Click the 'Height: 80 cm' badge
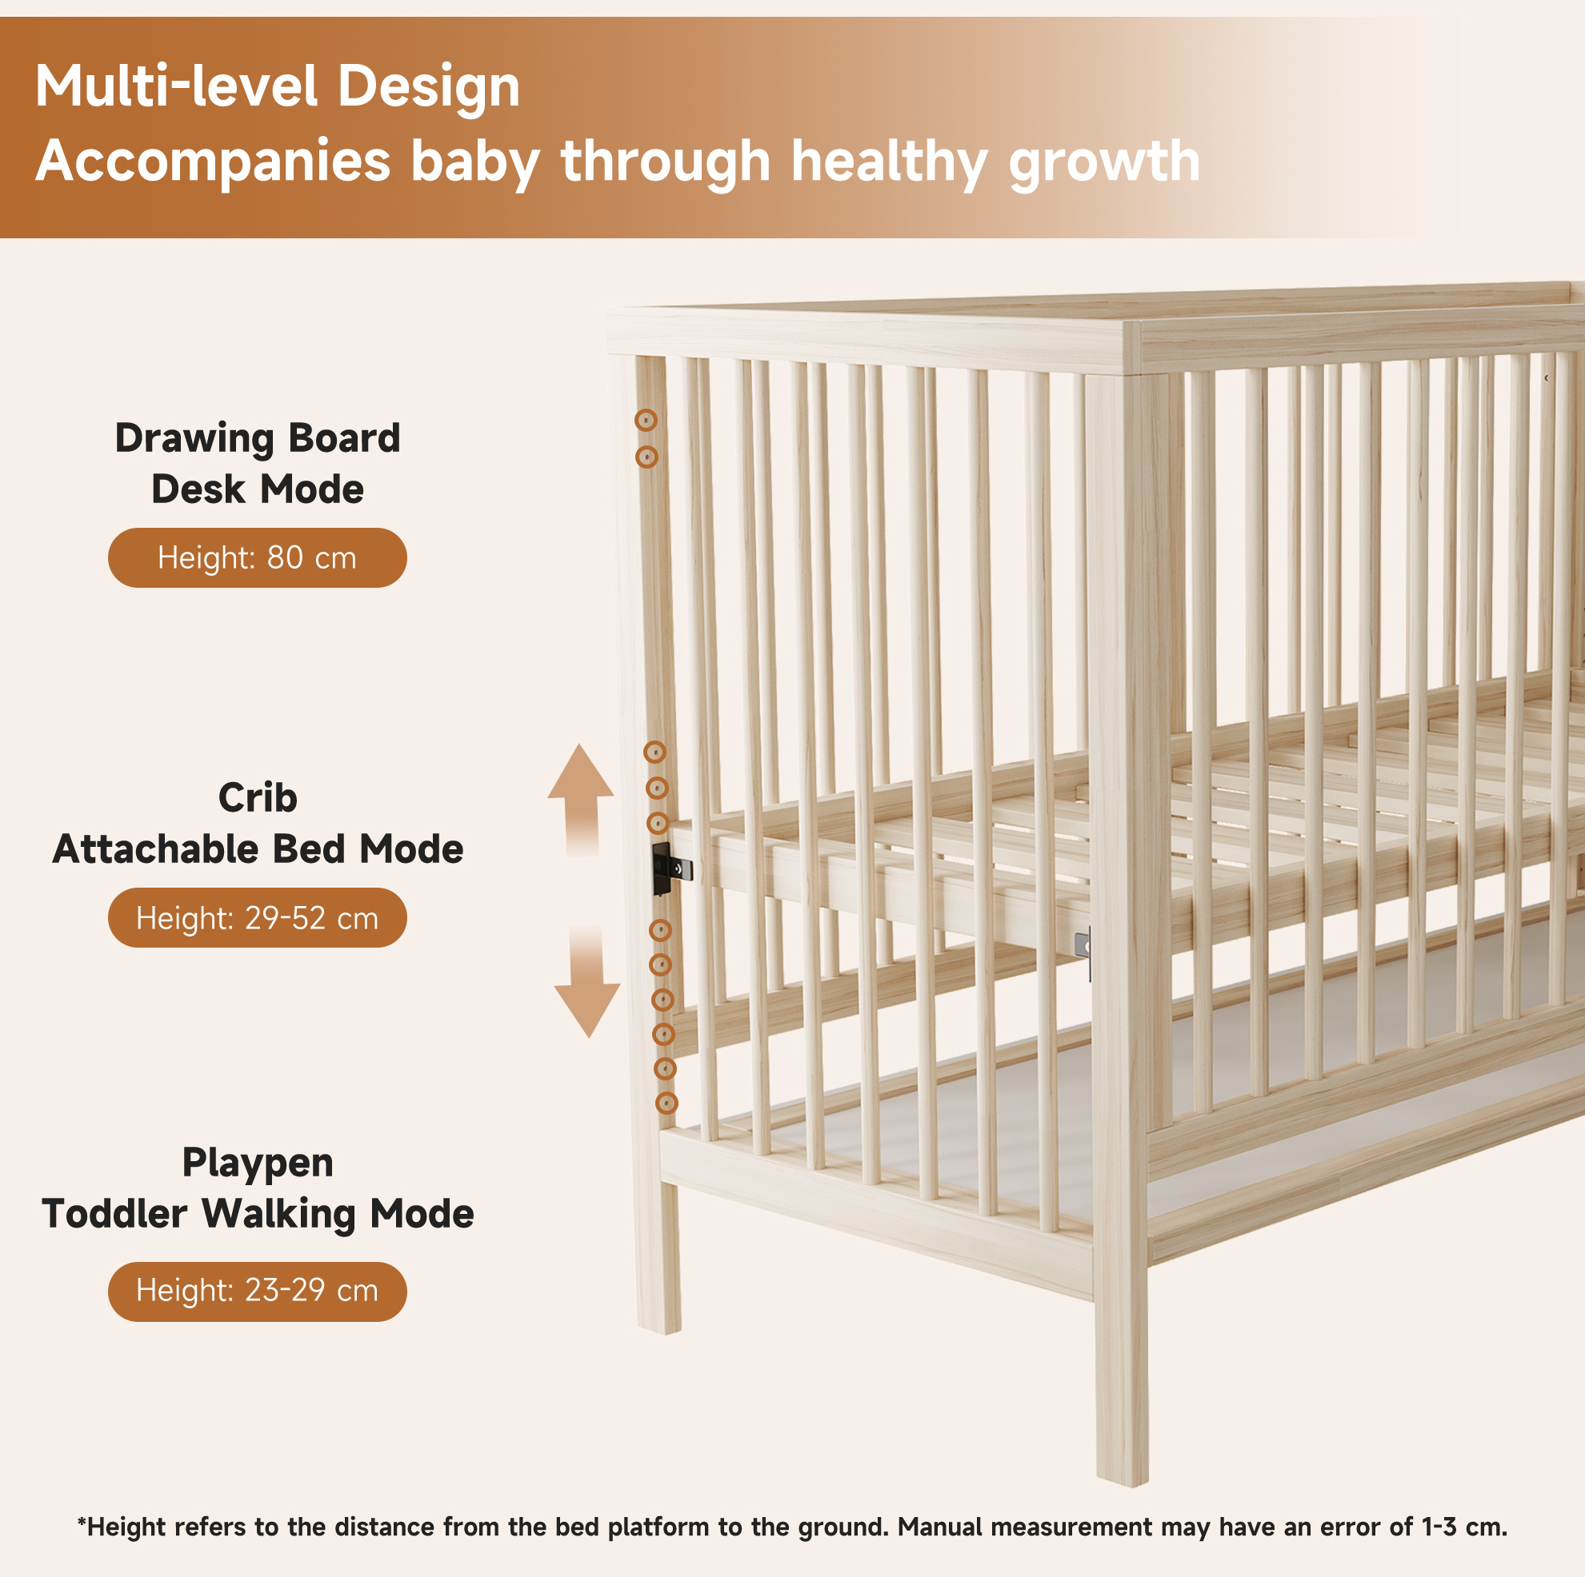coord(257,557)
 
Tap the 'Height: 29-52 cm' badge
coord(257,918)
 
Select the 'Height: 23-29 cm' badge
coord(257,1291)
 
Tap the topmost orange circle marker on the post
coord(646,421)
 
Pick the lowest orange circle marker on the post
coord(667,1103)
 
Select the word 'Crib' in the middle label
coord(258,798)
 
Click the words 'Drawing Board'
coord(258,439)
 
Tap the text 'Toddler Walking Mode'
coord(258,1215)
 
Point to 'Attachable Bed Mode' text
coord(258,849)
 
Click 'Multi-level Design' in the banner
coord(278,87)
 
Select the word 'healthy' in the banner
coord(889,162)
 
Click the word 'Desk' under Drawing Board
coord(198,489)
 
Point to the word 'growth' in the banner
coord(1104,162)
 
